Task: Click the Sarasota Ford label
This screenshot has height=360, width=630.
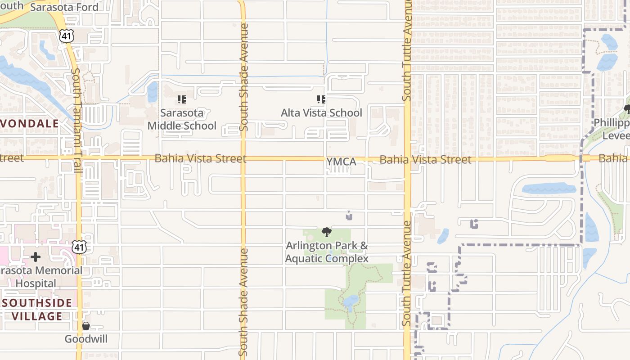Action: pyautogui.click(x=64, y=7)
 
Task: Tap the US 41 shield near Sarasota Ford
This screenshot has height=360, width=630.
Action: pyautogui.click(x=66, y=36)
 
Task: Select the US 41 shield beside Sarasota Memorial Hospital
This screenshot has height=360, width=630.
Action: pyautogui.click(x=80, y=247)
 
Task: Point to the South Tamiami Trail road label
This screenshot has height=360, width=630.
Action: pyautogui.click(x=76, y=121)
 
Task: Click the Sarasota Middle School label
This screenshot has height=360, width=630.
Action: pyautogui.click(x=182, y=119)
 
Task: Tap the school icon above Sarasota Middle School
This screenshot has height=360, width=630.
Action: pyautogui.click(x=182, y=99)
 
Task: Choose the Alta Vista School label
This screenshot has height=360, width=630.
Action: pyautogui.click(x=321, y=112)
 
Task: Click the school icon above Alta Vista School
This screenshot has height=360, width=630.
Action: pyautogui.click(x=321, y=99)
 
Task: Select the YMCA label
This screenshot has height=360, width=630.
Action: pyautogui.click(x=341, y=162)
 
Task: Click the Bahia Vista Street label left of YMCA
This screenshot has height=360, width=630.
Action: pyautogui.click(x=200, y=158)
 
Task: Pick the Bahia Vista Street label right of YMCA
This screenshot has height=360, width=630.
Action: pyautogui.click(x=425, y=159)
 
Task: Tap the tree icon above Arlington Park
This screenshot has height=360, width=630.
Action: pyautogui.click(x=327, y=232)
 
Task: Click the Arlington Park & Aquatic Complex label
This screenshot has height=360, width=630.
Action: pyautogui.click(x=327, y=252)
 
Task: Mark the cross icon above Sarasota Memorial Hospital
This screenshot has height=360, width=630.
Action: pyautogui.click(x=36, y=257)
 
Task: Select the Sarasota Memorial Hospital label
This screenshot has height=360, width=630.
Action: pyautogui.click(x=40, y=277)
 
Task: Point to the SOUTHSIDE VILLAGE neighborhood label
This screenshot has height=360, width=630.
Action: pyautogui.click(x=37, y=309)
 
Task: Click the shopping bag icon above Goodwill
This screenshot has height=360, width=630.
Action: pyautogui.click(x=86, y=325)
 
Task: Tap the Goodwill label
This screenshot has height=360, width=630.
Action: pyautogui.click(x=86, y=339)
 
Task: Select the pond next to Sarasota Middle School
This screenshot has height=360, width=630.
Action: pyautogui.click(x=153, y=92)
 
